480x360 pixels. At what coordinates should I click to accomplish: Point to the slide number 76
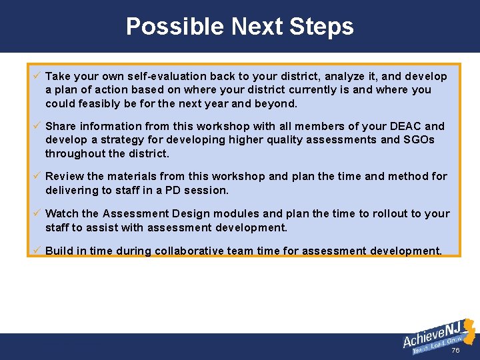[x=456, y=351]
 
